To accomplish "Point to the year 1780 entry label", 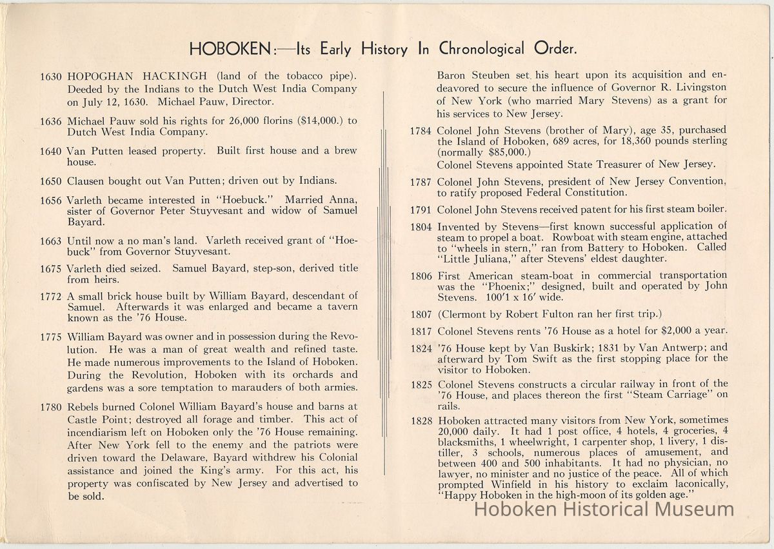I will tap(51, 406).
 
